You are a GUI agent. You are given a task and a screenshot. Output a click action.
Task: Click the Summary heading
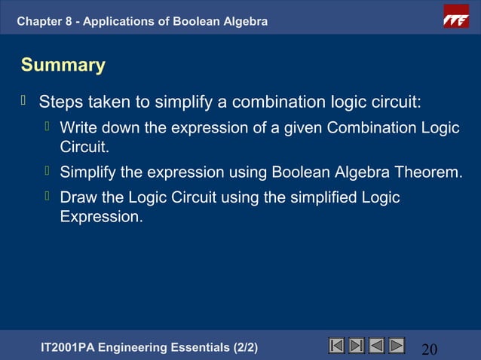pos(63,66)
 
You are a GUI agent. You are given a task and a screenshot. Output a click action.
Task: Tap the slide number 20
pos(430,349)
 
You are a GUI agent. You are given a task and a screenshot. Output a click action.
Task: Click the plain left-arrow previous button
pos(376,346)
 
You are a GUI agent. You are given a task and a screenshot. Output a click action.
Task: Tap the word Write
pos(78,127)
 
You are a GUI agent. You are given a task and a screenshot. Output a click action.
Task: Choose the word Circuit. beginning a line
pos(85,148)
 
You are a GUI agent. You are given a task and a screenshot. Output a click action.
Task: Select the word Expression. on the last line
pos(101,218)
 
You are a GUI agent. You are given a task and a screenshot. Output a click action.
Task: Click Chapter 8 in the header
pos(45,21)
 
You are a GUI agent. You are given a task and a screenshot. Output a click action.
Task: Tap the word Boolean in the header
pos(201,21)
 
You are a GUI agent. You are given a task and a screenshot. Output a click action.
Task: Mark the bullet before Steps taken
pos(25,99)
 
